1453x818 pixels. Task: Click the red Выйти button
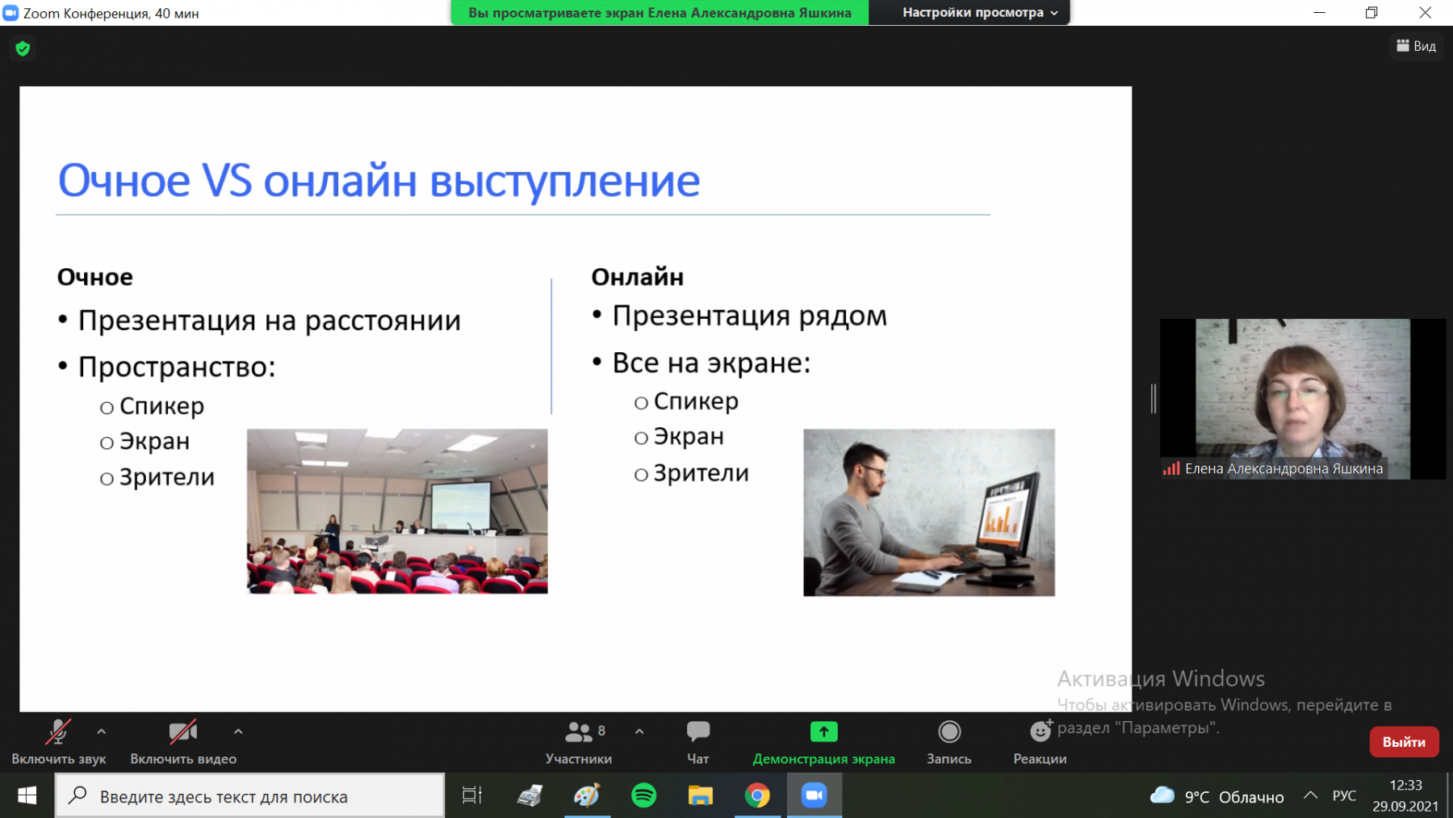pos(1404,742)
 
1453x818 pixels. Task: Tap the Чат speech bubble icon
pos(698,732)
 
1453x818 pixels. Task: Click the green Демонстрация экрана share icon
pos(823,732)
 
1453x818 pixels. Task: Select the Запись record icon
pos(949,732)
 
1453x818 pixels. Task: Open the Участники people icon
pos(579,732)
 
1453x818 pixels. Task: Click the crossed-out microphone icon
pos(58,732)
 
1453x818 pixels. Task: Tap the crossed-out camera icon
pos(183,732)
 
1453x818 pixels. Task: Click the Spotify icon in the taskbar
pos(643,795)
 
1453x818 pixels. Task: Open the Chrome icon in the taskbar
pos(757,795)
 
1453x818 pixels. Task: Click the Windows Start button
pos(27,795)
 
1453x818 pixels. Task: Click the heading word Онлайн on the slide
pos(637,277)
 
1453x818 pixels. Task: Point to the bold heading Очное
pos(94,277)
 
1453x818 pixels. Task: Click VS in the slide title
pos(227,180)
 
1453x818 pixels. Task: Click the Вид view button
pos(1417,46)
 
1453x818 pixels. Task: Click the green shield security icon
pos(23,48)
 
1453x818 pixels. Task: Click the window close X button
pos(1426,12)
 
